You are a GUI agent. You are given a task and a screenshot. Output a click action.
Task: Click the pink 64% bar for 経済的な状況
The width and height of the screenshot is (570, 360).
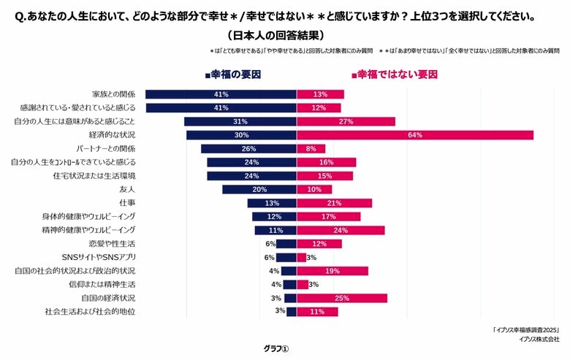point(415,135)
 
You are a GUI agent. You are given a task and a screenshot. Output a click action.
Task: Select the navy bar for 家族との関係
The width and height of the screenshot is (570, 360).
point(221,94)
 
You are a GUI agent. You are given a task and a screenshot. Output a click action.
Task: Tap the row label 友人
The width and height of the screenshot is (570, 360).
point(127,189)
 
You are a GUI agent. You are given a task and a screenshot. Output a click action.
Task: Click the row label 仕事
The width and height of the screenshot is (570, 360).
point(127,203)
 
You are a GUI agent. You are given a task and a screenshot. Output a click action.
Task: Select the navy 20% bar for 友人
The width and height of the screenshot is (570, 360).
point(259,189)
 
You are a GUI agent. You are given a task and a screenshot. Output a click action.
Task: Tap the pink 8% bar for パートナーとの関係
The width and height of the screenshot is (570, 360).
point(311,148)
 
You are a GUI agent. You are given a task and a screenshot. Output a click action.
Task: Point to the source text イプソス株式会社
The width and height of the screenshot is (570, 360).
point(539,339)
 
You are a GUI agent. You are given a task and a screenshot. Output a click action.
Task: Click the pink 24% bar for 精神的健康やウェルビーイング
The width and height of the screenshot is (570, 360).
point(341,230)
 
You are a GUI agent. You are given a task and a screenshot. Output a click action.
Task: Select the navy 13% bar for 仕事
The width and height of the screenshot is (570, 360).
point(272,203)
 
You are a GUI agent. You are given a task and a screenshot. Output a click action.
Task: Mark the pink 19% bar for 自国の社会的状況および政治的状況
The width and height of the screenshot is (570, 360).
point(332,271)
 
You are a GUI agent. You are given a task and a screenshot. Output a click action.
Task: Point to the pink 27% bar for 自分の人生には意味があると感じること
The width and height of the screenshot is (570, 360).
point(346,121)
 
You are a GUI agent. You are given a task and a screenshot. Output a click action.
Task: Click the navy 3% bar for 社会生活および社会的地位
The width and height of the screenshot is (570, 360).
point(292,312)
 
